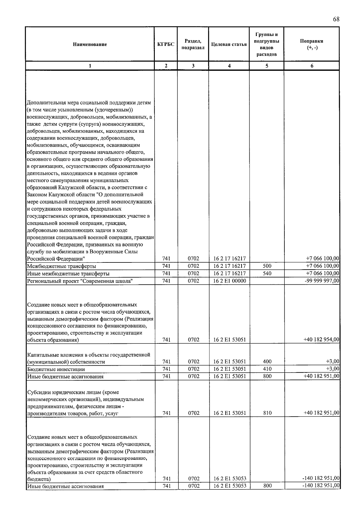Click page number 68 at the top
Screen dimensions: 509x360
pyautogui.click(x=336, y=19)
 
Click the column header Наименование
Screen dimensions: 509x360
pyautogui.click(x=90, y=44)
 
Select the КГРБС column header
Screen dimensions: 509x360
pyautogui.click(x=166, y=44)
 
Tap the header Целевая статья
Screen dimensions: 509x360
pyautogui.click(x=229, y=44)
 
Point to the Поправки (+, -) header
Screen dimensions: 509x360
pyautogui.click(x=312, y=44)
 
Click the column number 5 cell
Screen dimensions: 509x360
pyautogui.click(x=267, y=66)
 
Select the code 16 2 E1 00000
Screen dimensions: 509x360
pyautogui.click(x=229, y=281)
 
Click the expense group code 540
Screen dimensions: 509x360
pyautogui.click(x=267, y=273)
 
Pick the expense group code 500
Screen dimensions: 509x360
pyautogui.click(x=267, y=266)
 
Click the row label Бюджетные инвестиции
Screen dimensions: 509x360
pyautogui.click(x=56, y=369)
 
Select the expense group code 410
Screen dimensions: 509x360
pyautogui.click(x=267, y=369)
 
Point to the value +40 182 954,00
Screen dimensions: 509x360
pyautogui.click(x=321, y=340)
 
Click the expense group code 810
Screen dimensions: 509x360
pyautogui.click(x=267, y=413)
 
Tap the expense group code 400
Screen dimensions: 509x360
pyautogui.click(x=267, y=362)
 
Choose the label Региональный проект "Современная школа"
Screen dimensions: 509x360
pyautogui.click(x=80, y=281)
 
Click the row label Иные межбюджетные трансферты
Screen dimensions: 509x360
pyautogui.click(x=68, y=274)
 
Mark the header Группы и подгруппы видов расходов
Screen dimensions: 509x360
pyautogui.click(x=267, y=44)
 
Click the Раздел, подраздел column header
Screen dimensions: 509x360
pyautogui.click(x=193, y=44)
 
